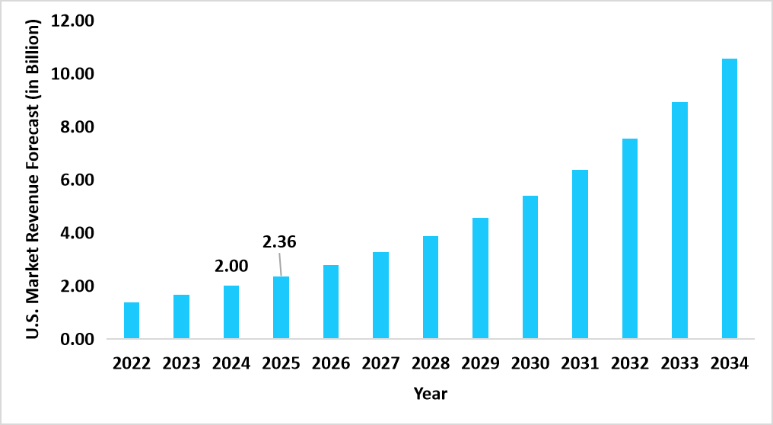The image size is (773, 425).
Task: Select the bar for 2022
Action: pyautogui.click(x=132, y=321)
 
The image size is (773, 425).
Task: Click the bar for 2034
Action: pyautogui.click(x=729, y=198)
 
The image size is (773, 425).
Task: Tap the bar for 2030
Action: pyautogui.click(x=530, y=267)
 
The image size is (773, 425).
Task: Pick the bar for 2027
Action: pyautogui.click(x=380, y=296)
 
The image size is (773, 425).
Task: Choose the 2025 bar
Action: pyautogui.click(x=281, y=308)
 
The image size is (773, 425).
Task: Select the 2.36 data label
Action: pyautogui.click(x=279, y=243)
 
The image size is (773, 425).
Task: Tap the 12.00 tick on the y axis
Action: pyautogui.click(x=72, y=21)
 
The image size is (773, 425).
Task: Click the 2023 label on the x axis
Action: pyautogui.click(x=181, y=363)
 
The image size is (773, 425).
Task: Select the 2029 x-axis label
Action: pyautogui.click(x=480, y=363)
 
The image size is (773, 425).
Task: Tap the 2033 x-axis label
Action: pyautogui.click(x=679, y=363)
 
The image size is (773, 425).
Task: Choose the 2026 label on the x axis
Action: pyautogui.click(x=331, y=363)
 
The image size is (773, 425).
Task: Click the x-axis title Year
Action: pyautogui.click(x=431, y=394)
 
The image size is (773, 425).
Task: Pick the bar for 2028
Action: pyautogui.click(x=431, y=287)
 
